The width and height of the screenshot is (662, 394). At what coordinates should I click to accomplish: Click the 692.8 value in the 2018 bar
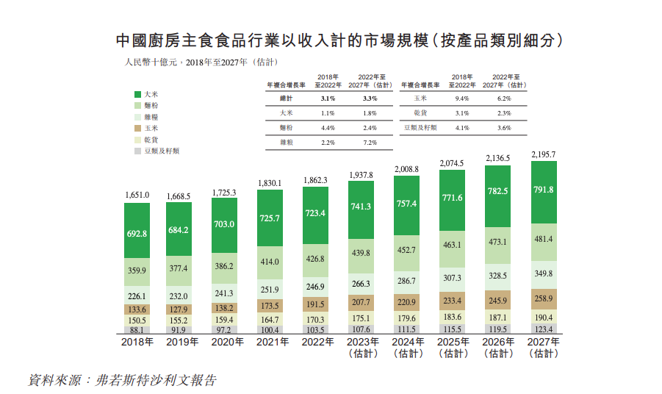[137, 233]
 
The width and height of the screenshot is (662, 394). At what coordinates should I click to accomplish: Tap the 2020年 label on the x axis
[228, 343]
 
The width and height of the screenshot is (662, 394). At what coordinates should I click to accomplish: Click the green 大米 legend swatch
[137, 95]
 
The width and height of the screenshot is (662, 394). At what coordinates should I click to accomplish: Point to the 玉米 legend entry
[148, 128]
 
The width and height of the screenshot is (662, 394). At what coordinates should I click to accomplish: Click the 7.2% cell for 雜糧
[369, 142]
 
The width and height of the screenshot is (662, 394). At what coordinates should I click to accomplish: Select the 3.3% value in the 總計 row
[369, 98]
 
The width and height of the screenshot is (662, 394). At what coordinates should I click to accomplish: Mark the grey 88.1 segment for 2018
[137, 331]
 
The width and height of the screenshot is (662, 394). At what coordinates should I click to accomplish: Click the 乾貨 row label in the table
[420, 112]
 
